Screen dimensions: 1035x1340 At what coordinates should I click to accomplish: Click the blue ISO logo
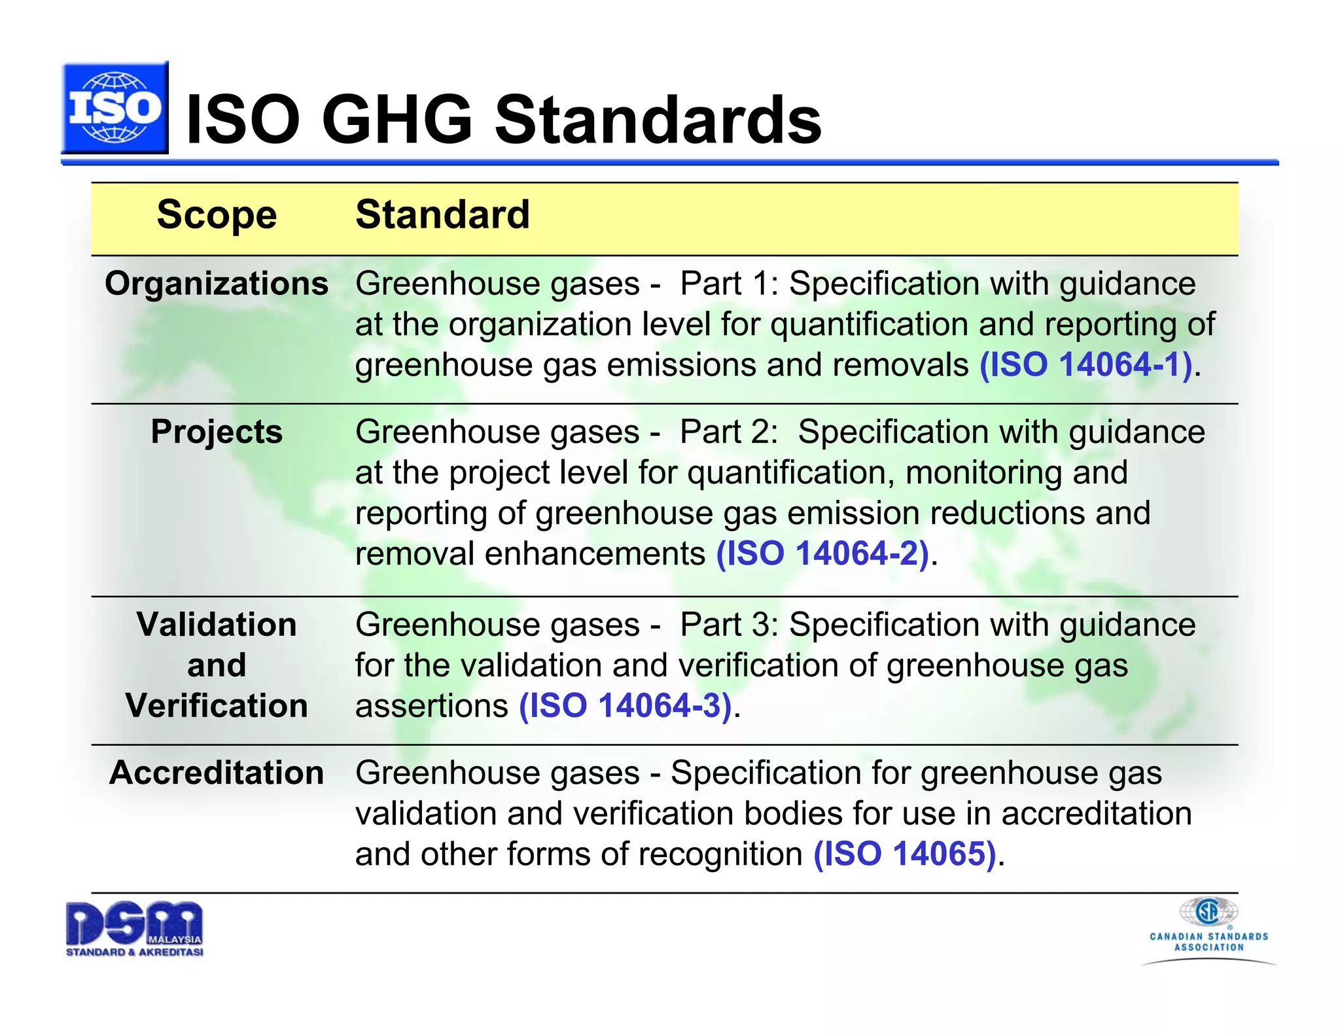[x=115, y=108]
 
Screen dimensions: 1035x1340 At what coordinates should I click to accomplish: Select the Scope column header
[x=217, y=215]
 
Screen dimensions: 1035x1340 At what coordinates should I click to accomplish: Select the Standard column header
[x=442, y=215]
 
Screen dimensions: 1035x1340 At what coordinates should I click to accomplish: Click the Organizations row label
[x=217, y=284]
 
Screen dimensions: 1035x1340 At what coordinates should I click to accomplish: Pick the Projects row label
[x=217, y=432]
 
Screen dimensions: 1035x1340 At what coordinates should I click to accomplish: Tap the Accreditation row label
[x=217, y=773]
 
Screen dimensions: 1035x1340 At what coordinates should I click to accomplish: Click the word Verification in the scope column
[x=217, y=706]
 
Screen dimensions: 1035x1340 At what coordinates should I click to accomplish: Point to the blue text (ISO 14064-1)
[x=1085, y=365]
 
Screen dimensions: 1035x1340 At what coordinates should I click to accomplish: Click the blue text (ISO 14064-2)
[x=822, y=554]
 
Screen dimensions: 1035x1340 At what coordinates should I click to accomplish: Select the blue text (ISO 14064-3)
[x=625, y=706]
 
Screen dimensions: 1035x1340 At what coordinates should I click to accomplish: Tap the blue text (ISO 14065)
[x=905, y=854]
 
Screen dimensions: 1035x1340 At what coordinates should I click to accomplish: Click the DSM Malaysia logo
[x=135, y=929]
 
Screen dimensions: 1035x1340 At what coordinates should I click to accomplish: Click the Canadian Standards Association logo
[x=1209, y=930]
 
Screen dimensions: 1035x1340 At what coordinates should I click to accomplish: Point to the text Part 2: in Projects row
[x=728, y=432]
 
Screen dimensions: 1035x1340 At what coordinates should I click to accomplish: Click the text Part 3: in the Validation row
[x=728, y=625]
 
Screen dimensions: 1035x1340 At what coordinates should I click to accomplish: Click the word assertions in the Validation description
[x=431, y=707]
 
